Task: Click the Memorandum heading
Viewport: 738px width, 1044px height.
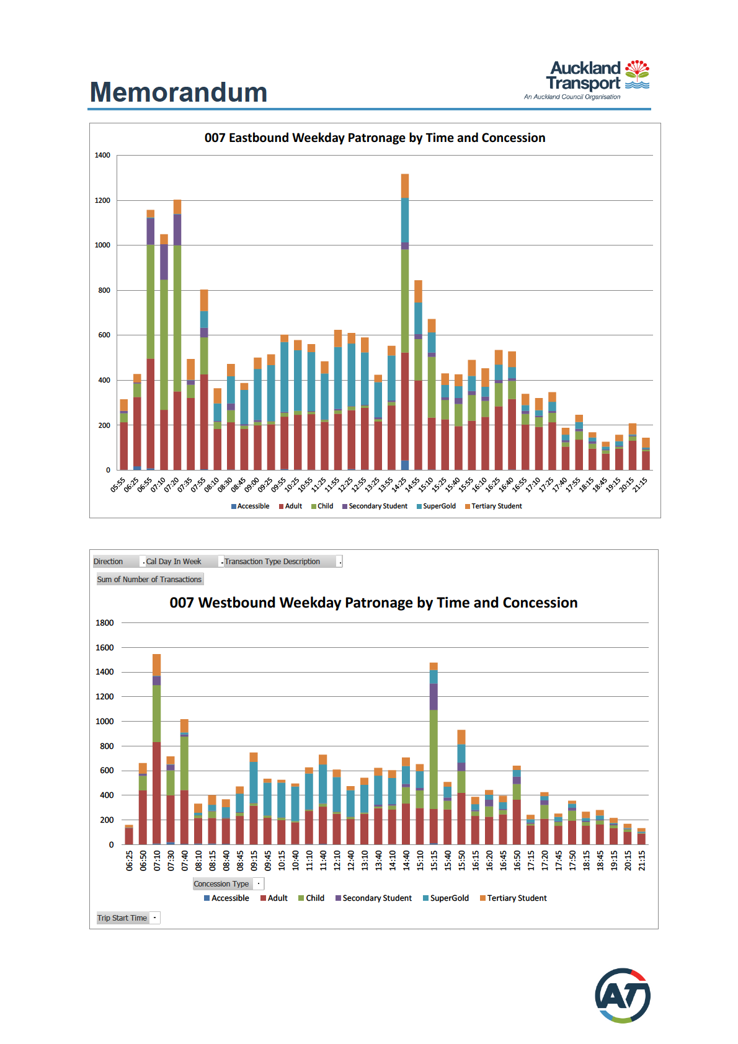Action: pos(179,92)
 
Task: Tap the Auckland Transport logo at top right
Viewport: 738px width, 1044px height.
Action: pos(597,79)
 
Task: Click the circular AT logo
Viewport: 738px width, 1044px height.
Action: pos(623,996)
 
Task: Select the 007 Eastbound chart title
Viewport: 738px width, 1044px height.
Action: pos(375,138)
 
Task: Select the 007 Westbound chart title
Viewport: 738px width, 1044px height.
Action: pos(373,603)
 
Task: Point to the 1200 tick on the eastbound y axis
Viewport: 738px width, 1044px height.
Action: pos(102,200)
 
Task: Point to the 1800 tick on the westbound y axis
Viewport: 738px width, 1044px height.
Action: pos(105,622)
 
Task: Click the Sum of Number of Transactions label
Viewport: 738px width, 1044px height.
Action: pos(149,580)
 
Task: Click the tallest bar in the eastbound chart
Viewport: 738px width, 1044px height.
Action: pos(405,322)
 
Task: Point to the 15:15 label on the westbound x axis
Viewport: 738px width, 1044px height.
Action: pos(434,860)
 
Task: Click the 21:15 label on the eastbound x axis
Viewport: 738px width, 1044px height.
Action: pos(641,484)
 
